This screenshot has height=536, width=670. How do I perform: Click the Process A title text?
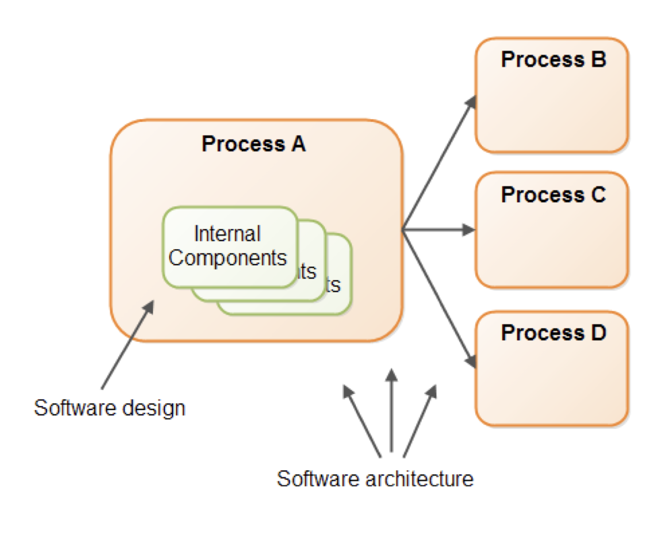[x=253, y=144]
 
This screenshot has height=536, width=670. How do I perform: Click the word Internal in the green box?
[x=227, y=234]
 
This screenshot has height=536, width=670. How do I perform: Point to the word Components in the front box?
[x=229, y=257]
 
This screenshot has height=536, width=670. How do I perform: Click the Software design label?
[x=109, y=407]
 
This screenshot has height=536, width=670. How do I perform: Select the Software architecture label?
[x=375, y=479]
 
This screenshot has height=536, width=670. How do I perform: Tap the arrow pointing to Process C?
[x=438, y=230]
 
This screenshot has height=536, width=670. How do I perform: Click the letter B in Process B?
[x=599, y=59]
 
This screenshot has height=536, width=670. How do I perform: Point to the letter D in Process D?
[x=599, y=333]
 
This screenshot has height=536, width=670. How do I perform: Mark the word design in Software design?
[x=154, y=408]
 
